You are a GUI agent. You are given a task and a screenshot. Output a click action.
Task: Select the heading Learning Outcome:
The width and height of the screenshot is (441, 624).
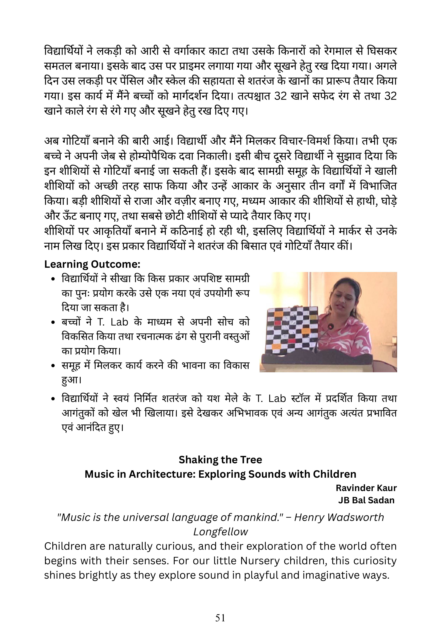click(92, 264)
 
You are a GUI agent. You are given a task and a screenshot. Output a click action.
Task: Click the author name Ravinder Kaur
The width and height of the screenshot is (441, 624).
click(366, 488)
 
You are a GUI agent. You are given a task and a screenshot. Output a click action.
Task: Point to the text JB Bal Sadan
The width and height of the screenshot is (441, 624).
click(366, 500)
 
